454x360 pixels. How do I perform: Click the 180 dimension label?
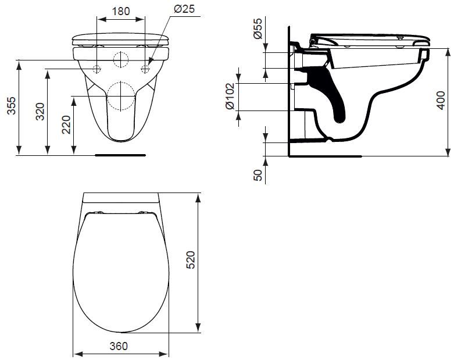(x=121, y=11)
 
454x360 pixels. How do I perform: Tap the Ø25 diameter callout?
(x=184, y=9)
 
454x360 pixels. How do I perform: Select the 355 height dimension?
(x=12, y=106)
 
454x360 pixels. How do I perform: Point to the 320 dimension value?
(x=40, y=112)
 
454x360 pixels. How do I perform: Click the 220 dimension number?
(x=66, y=124)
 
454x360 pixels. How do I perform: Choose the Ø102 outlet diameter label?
(x=230, y=97)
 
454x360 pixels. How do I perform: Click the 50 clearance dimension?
(x=258, y=175)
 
